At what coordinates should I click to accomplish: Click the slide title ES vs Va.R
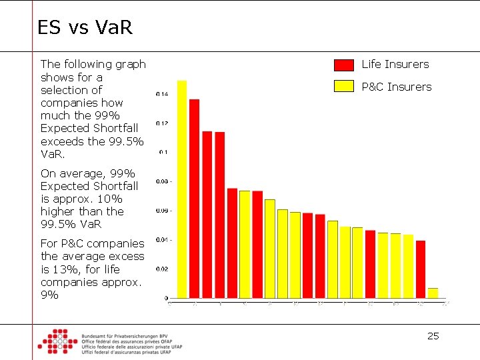click(85, 27)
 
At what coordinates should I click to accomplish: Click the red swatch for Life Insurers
click(344, 65)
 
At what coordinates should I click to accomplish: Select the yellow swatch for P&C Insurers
click(344, 86)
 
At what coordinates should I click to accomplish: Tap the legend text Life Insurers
click(395, 65)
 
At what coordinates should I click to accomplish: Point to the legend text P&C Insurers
click(396, 87)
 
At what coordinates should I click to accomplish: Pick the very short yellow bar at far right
click(433, 293)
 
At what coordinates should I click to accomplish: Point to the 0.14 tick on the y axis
click(162, 95)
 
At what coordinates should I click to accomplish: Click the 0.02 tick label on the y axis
click(162, 269)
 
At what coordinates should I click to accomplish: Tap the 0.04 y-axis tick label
click(162, 240)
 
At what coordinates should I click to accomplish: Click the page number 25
click(433, 336)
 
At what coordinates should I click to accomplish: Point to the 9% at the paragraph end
click(49, 295)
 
